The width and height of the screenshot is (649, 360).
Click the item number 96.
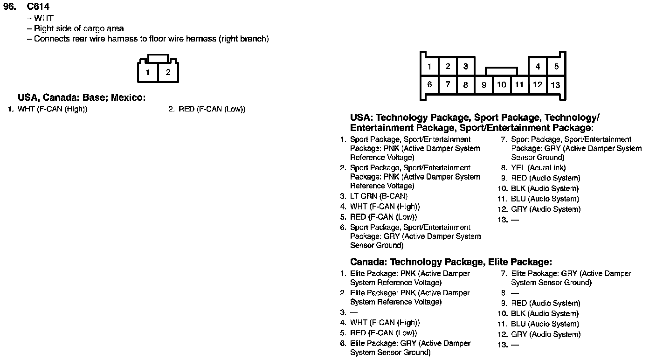tap(10, 7)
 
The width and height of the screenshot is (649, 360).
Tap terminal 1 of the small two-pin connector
tap(147, 72)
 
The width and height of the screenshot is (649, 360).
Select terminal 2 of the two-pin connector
tap(168, 72)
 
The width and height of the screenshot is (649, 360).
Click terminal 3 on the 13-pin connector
tap(465, 66)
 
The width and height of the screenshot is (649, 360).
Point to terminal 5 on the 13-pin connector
tap(556, 66)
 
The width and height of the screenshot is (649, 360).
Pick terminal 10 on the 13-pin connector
tap(502, 85)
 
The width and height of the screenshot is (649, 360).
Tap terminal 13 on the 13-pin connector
tap(555, 85)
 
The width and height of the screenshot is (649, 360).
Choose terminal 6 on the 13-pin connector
tap(429, 84)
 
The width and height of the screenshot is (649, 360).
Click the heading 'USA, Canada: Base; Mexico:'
tap(82, 98)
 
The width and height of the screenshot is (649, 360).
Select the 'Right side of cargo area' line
tap(79, 28)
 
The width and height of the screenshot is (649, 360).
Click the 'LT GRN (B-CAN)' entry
tap(379, 196)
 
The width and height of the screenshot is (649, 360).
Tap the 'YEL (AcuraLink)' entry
tap(538, 168)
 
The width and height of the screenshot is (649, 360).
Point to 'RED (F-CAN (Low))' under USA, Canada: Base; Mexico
tap(212, 110)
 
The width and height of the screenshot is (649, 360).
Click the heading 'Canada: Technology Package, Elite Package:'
tap(451, 262)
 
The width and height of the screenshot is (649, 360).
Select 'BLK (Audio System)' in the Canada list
tap(545, 314)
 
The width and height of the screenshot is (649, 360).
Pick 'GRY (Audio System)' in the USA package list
tap(545, 209)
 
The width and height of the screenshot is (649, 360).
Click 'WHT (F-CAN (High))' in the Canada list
tap(385, 323)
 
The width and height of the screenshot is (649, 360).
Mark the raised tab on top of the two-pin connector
tap(158, 58)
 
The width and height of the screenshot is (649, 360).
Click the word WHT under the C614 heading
tap(44, 18)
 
